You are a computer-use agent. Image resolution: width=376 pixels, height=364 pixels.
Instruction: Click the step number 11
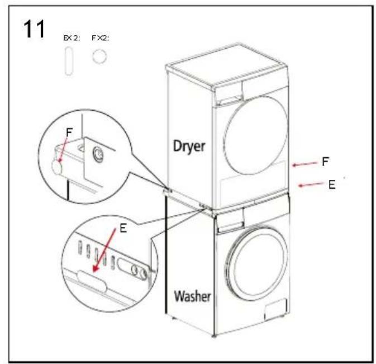[34, 29]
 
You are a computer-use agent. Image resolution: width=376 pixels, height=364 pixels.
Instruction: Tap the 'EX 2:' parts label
[72, 38]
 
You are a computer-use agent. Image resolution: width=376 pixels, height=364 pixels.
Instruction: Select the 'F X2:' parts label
[100, 38]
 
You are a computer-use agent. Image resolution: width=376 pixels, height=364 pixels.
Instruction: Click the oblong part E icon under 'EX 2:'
[69, 62]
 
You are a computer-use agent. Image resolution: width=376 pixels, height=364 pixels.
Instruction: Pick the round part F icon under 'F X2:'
[99, 56]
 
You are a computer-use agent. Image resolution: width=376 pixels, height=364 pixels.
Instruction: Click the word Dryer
[189, 146]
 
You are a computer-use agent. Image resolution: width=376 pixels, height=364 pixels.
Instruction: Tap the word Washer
[192, 296]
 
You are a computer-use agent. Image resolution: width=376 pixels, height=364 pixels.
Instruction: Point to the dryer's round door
[256, 135]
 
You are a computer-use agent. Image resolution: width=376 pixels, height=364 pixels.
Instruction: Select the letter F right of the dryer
[325, 162]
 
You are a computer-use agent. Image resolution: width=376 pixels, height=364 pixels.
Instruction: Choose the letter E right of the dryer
[332, 185]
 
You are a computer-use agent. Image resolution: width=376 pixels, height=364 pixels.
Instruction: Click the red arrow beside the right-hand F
[304, 164]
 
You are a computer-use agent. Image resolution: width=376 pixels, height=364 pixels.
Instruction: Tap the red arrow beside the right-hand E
[311, 185]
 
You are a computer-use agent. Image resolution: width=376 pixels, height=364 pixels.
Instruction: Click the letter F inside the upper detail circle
[69, 133]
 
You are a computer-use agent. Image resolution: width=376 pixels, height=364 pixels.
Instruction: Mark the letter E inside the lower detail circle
[123, 228]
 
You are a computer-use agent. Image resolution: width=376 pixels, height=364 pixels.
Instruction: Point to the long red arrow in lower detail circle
[104, 250]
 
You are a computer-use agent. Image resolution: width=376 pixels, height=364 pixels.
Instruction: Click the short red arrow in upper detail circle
[63, 151]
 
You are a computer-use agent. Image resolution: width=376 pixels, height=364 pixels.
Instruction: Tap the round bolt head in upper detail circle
[98, 154]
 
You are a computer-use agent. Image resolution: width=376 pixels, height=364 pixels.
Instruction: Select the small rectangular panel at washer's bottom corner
[276, 309]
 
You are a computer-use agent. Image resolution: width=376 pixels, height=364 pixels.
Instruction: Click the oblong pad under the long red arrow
[92, 281]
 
